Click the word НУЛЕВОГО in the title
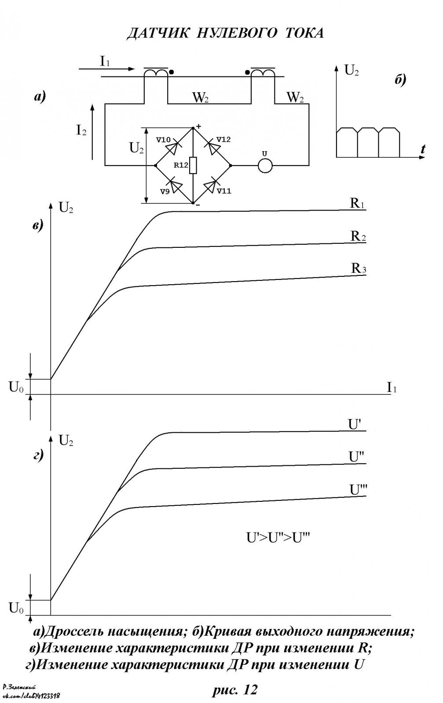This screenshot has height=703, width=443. coord(237,33)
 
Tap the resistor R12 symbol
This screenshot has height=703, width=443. coord(193,165)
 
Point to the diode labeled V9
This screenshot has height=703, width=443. coord(175,185)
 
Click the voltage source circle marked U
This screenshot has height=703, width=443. coord(265,165)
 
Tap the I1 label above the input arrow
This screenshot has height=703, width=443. coord(105,61)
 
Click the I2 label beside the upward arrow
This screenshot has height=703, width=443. coord(81,130)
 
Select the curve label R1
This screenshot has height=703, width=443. coord(358,203)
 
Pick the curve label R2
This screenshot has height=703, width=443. coord(358,236)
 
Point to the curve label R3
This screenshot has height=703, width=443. coord(359,268)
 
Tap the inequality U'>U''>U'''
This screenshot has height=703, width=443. coord(278,538)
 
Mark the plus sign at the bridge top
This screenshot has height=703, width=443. coord(198,127)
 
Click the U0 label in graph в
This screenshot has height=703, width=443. coord(16,388)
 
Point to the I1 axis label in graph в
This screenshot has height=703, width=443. coord(392,388)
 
